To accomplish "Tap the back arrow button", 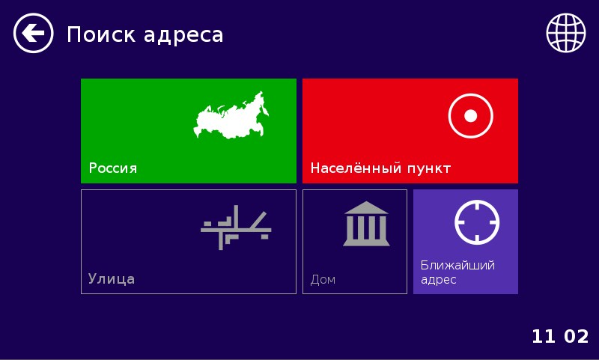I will (34, 34).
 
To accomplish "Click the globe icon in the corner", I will (565, 34).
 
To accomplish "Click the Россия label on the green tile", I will (113, 168).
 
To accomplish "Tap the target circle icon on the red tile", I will (471, 116).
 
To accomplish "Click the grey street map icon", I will (236, 227).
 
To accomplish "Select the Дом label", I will (323, 280).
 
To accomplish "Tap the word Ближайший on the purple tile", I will (457, 265).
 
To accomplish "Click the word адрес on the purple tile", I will (439, 279).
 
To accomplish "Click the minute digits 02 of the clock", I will (576, 337).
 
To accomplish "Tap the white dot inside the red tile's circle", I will (471, 116).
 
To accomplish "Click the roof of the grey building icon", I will (366, 208).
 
